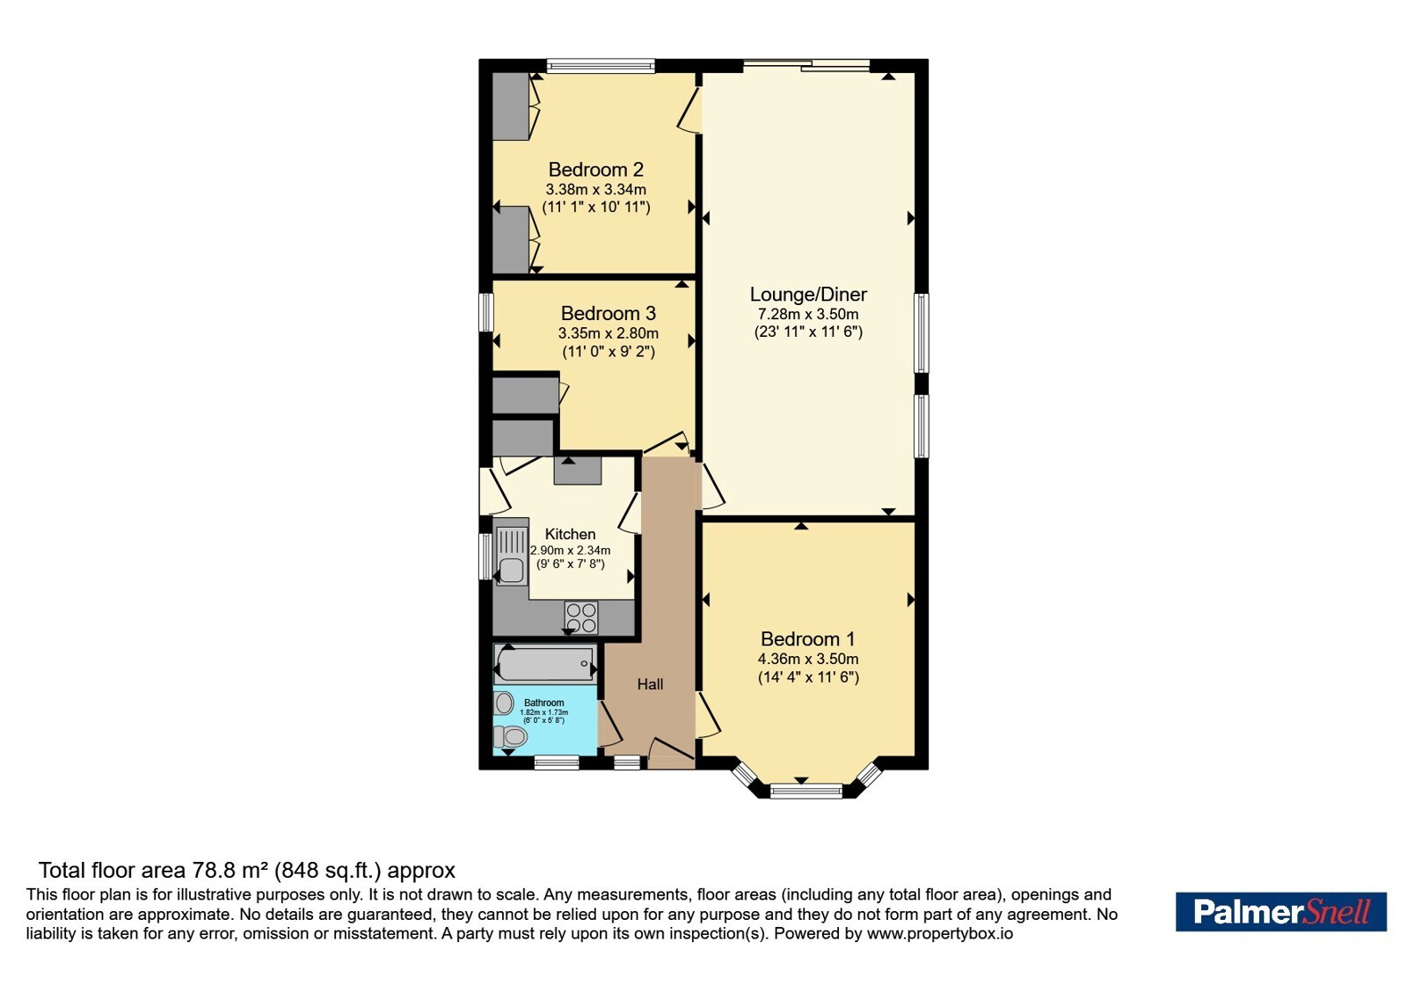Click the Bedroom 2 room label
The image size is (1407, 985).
595,170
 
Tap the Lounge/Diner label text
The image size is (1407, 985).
808,294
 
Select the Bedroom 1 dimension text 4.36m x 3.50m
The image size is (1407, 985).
808,659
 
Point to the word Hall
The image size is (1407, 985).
650,684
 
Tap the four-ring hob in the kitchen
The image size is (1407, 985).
581,617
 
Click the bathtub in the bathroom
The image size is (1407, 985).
544,663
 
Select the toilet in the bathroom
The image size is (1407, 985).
509,735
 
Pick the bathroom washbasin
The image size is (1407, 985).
503,703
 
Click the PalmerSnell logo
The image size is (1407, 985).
1280,911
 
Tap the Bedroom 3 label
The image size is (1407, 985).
608,313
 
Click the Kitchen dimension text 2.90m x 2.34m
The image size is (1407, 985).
571,551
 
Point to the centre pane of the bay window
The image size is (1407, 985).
806,791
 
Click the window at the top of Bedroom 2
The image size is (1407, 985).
601,66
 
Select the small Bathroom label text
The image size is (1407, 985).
544,703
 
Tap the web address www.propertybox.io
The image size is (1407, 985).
940,933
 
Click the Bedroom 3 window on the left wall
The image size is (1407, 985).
485,311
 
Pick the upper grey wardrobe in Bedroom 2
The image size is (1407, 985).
510,106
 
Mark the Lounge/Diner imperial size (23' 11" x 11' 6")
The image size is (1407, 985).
808,332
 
